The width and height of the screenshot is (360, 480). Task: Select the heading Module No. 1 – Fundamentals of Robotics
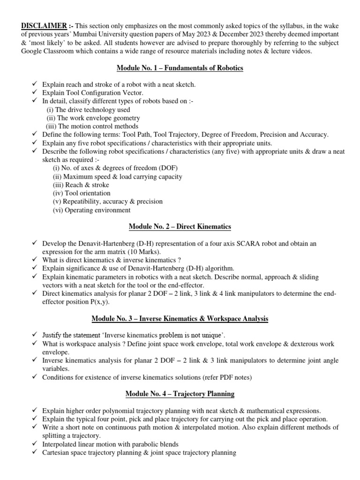click(x=180, y=68)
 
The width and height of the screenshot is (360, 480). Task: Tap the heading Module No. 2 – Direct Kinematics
click(x=180, y=226)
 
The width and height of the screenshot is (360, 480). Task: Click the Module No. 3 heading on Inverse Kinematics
click(x=180, y=319)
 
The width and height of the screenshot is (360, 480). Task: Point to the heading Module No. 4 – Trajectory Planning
click(x=180, y=394)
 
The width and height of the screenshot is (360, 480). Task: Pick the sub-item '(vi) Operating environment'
click(x=91, y=210)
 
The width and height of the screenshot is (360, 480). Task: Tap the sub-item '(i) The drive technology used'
click(x=88, y=110)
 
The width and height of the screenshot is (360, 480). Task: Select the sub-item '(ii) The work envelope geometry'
click(x=93, y=118)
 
